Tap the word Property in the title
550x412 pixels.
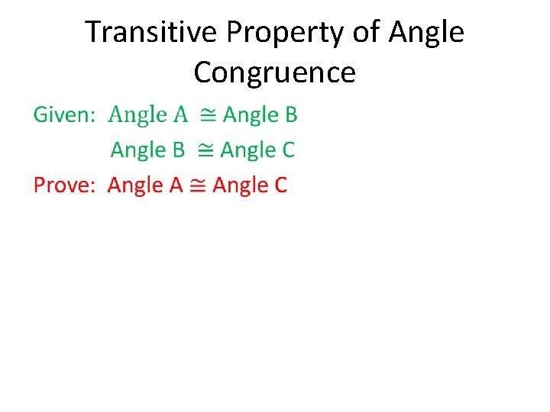(262, 33)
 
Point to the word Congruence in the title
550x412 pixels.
(275, 72)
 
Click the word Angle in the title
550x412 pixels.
(426, 33)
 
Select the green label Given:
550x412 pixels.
(64, 115)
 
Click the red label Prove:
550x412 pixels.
(64, 185)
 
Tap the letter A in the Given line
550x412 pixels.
(180, 115)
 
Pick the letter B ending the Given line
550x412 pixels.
(290, 115)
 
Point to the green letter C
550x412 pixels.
(287, 150)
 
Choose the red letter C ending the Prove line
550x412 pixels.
(280, 185)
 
